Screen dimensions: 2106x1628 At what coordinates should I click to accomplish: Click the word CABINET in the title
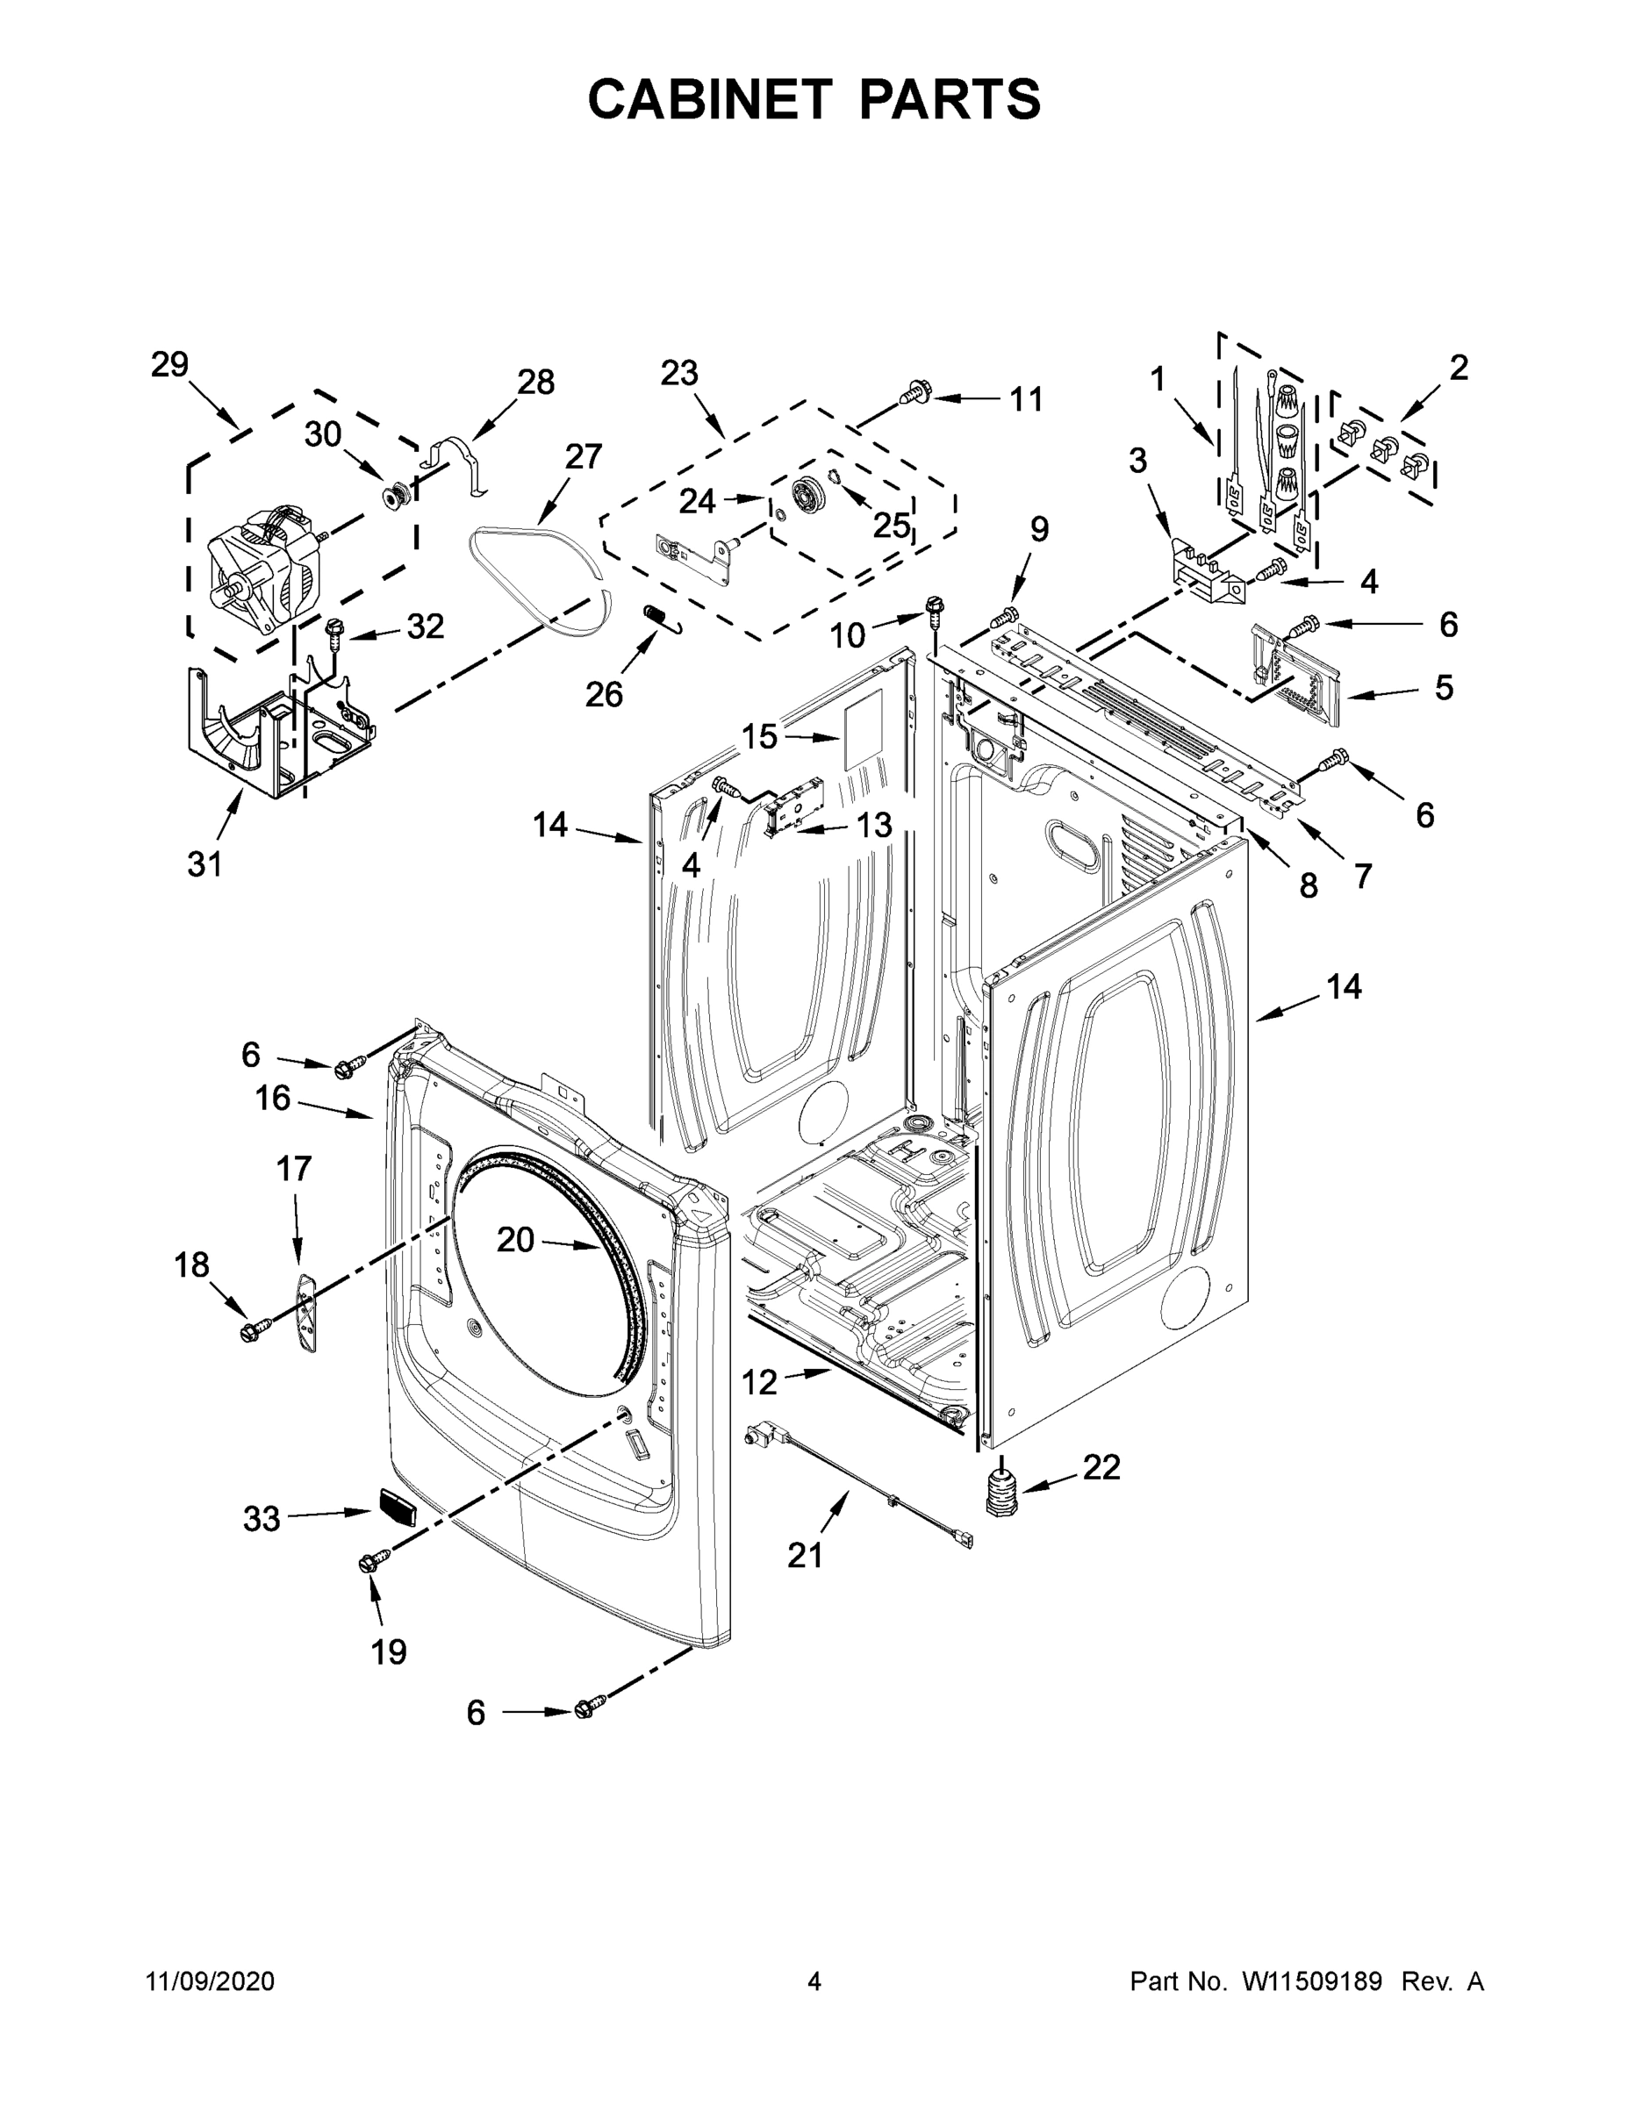(709, 99)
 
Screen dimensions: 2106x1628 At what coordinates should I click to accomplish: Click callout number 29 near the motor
(169, 365)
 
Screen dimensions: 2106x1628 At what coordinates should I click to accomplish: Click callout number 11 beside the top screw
(1026, 399)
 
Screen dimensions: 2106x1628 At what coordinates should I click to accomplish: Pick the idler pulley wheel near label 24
(806, 495)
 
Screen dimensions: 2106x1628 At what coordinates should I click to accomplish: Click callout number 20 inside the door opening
(515, 1240)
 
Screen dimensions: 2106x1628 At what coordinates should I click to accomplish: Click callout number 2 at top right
(1459, 368)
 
